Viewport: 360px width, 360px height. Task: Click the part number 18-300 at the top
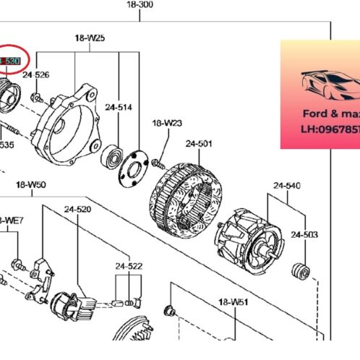tap(140, 5)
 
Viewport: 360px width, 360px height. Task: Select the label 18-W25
tap(90, 37)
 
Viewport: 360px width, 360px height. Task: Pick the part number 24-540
tap(286, 186)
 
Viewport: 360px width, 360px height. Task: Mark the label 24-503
tap(304, 235)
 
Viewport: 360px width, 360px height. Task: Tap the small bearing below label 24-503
tap(299, 274)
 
